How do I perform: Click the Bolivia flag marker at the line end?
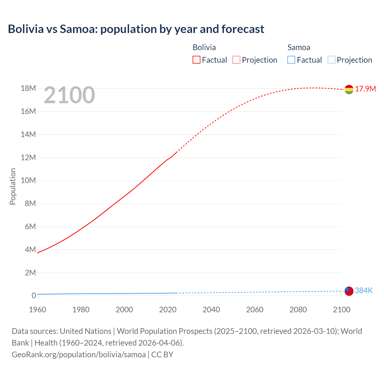click(349, 89)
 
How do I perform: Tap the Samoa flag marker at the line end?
click(349, 291)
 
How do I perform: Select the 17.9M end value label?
click(365, 89)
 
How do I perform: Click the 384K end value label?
click(364, 290)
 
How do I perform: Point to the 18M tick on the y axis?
click(28, 88)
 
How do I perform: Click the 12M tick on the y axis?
click(28, 157)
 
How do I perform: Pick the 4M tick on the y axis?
click(30, 250)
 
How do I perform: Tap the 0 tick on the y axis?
click(34, 295)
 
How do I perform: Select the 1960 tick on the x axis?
click(37, 310)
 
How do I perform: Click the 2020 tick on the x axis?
click(168, 310)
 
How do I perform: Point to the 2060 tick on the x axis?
click(255, 310)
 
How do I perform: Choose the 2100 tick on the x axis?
click(341, 310)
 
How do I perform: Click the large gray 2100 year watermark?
click(69, 95)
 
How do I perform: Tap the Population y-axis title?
click(13, 187)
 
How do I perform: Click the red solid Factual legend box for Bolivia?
click(196, 60)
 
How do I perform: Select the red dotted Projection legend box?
click(236, 60)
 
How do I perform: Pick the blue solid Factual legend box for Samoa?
click(291, 60)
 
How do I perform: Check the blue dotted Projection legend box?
click(331, 60)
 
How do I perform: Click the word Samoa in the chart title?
click(79, 29)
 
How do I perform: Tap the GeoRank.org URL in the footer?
click(79, 355)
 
